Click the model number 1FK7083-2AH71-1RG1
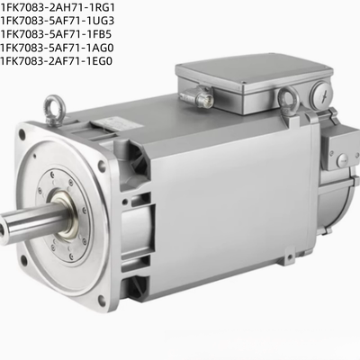coord(58,7)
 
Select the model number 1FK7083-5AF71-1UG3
coord(58,21)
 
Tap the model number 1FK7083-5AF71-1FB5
coord(56,34)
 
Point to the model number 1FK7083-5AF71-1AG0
coord(57,48)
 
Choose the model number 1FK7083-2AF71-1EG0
coord(56,61)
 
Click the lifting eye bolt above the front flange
coord(53,109)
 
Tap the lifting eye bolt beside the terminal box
coord(287,100)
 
